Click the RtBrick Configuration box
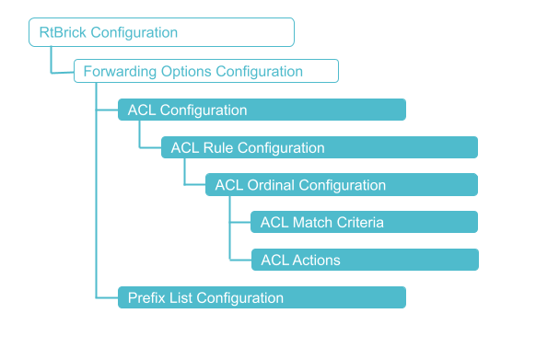(161, 32)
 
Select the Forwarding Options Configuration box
(205, 71)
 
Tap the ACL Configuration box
(262, 110)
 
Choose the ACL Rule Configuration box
(320, 147)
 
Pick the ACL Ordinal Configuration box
(341, 185)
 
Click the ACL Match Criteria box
(364, 222)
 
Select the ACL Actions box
(364, 260)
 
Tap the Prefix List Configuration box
(262, 297)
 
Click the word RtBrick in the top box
(63, 32)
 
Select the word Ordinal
(268, 185)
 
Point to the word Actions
(316, 260)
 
